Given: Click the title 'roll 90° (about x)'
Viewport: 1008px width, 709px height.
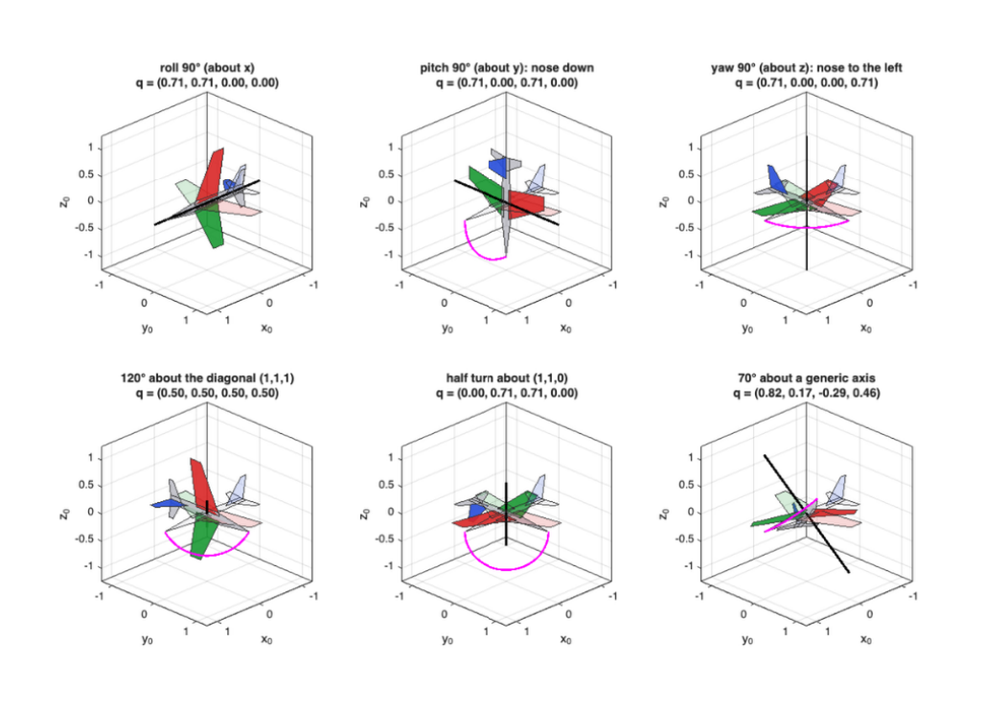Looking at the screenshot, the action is (207, 67).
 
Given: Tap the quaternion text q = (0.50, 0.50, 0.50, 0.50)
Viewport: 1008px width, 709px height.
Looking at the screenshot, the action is (207, 393).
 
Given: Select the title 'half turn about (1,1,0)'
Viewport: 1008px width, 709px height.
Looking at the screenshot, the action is (507, 377).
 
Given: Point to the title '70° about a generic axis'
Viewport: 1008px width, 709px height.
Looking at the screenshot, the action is (806, 377).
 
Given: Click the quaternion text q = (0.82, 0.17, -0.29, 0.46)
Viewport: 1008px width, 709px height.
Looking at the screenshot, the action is (806, 393).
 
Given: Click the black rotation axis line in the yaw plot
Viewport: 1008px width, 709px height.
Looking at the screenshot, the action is (807, 203).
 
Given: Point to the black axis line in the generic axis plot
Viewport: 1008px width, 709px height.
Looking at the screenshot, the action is (806, 514).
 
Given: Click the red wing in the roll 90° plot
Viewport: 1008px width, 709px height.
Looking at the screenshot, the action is (211, 175).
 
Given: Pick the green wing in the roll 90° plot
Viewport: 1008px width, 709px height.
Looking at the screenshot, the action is (210, 225).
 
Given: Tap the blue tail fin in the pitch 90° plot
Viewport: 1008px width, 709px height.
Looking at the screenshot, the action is (497, 166).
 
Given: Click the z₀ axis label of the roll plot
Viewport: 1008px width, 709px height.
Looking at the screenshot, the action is (64, 202).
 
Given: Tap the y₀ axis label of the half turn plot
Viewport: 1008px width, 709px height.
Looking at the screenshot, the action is (447, 640).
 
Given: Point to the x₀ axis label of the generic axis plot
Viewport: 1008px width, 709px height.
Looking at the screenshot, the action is (866, 640).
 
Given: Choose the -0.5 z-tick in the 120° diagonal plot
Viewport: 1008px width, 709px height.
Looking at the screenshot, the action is (85, 538).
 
